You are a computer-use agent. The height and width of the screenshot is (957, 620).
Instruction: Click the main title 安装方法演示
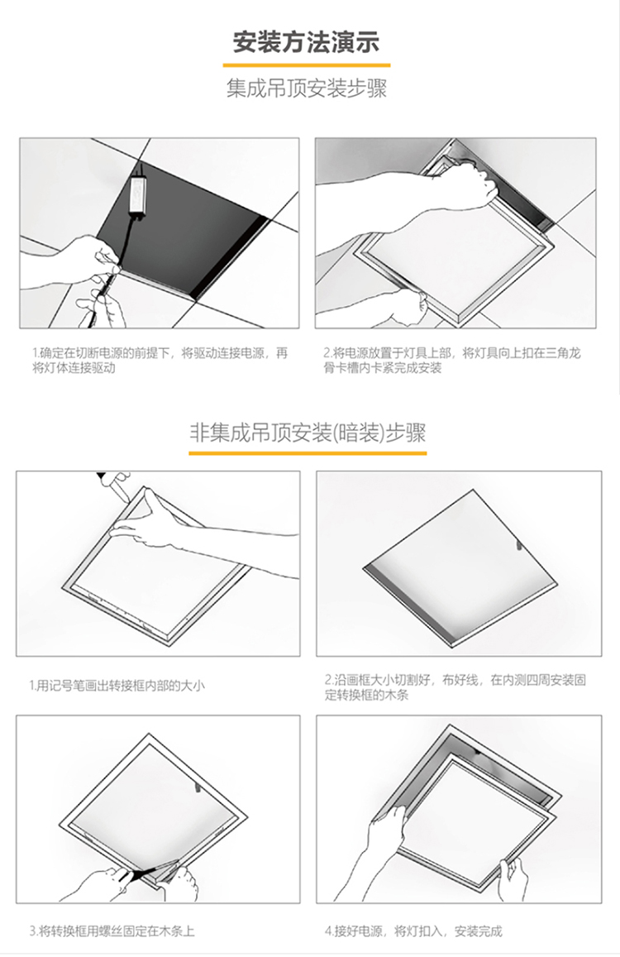(307, 42)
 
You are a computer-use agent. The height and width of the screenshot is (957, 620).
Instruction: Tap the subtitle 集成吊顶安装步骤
(307, 89)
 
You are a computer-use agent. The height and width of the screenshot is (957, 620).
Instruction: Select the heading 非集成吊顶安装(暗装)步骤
(308, 433)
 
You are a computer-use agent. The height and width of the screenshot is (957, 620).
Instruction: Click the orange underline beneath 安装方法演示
(307, 65)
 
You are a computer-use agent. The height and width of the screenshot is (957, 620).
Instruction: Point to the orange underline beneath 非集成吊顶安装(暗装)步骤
(308, 453)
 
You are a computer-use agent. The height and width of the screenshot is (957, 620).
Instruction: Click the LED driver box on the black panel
(142, 194)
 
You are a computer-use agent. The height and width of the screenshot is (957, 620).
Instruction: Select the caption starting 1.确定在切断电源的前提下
(160, 360)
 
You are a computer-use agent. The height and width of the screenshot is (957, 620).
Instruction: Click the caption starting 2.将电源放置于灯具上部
(452, 360)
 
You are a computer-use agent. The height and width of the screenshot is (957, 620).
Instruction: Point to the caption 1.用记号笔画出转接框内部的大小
(117, 686)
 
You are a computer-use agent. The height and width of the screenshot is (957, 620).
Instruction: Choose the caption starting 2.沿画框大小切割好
(455, 687)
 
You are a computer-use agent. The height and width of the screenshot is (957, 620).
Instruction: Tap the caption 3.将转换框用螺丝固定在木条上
(112, 931)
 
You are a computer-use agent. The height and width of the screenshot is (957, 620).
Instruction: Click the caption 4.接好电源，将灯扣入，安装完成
(413, 931)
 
